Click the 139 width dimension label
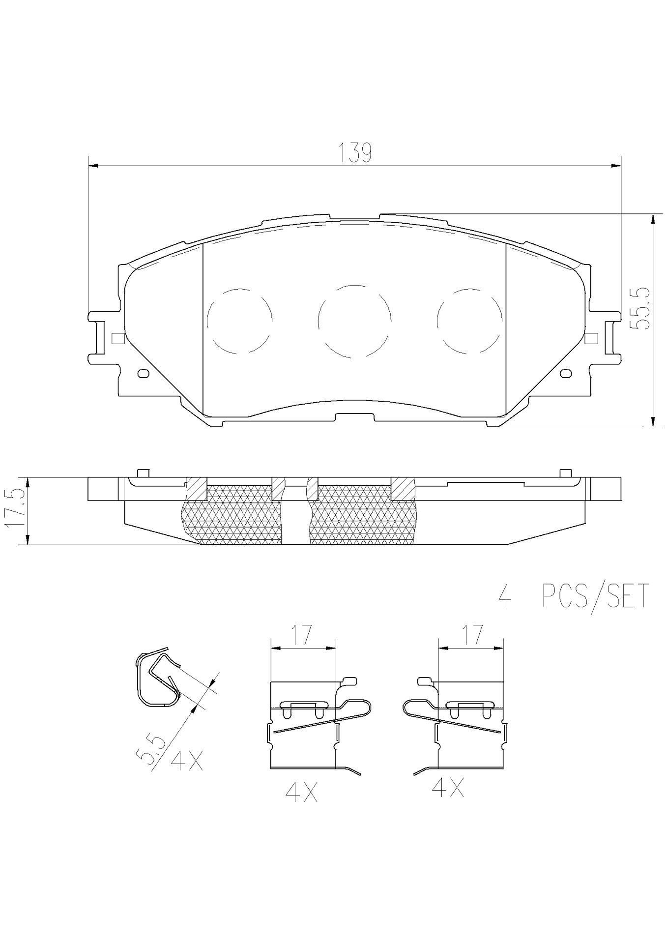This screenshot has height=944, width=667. tap(354, 153)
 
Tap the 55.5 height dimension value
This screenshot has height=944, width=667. tap(641, 308)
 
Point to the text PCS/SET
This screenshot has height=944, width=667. tap(595, 596)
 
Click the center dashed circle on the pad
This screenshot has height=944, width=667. tap(354, 321)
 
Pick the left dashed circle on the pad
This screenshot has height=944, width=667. tap(239, 321)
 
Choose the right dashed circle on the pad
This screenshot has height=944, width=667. tap(469, 321)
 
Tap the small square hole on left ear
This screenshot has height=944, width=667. tap(117, 338)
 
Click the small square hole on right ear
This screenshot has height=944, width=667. tap(592, 338)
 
